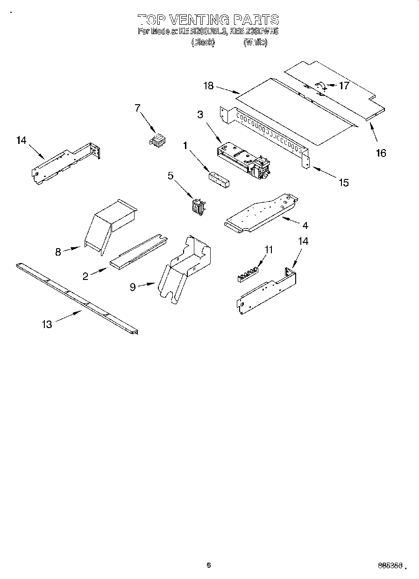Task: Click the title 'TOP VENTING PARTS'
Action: (x=208, y=20)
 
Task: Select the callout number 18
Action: (x=208, y=86)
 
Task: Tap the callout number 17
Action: (x=344, y=86)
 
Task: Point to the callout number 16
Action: (x=381, y=153)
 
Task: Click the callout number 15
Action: (x=343, y=183)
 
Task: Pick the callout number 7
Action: (x=137, y=108)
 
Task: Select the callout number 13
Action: (x=47, y=324)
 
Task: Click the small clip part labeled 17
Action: (x=320, y=85)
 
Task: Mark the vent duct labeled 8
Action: (x=110, y=223)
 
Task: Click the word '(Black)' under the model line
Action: (x=203, y=42)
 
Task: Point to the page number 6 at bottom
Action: (x=209, y=565)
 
